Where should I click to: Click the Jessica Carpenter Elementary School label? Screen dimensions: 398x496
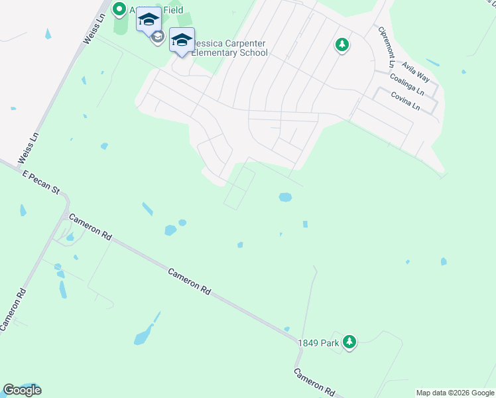click(x=229, y=47)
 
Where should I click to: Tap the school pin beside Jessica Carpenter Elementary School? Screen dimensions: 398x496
click(x=182, y=40)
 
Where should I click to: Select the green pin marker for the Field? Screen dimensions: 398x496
click(x=119, y=9)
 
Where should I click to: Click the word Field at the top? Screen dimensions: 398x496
click(x=170, y=10)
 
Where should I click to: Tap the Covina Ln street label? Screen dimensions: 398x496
click(x=405, y=101)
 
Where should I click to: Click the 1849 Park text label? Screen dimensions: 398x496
click(x=318, y=342)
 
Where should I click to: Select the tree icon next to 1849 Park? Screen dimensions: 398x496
click(x=349, y=342)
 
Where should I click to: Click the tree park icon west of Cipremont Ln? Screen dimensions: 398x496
click(x=341, y=45)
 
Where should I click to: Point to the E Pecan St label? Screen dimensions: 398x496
click(x=41, y=182)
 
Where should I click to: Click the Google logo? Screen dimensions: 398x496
click(x=22, y=390)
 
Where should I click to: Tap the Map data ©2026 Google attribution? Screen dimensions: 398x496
click(x=455, y=393)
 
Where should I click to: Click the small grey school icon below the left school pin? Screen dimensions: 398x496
click(x=157, y=37)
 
